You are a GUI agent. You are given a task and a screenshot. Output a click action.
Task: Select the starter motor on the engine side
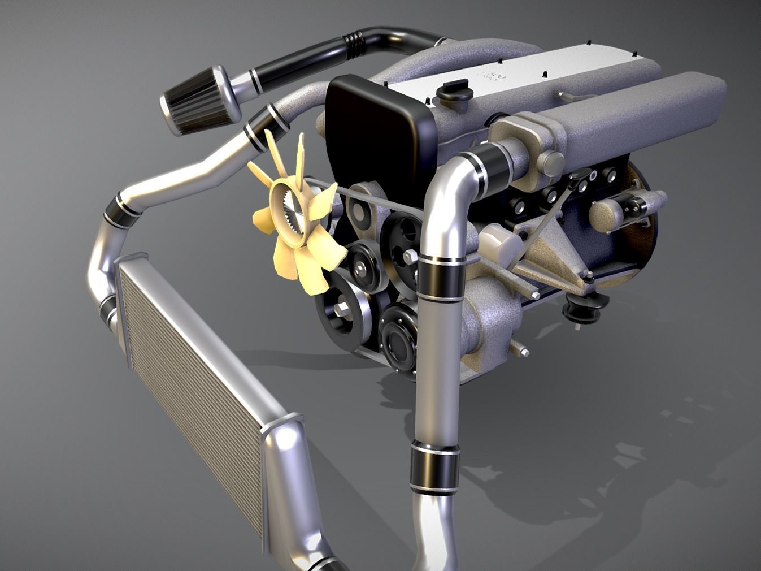621,212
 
